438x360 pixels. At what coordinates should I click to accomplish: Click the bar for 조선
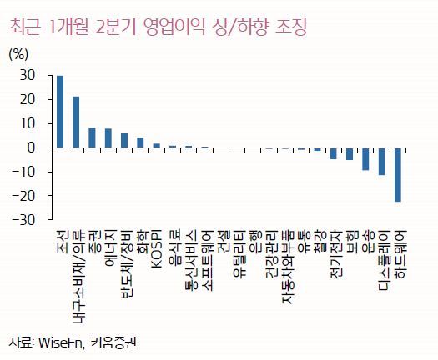60,112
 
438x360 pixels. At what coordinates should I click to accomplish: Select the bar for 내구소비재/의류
76,122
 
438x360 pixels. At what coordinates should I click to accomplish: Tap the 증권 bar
92,137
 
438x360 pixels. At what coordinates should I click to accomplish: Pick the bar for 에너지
108,138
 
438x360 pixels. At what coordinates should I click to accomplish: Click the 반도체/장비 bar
124,141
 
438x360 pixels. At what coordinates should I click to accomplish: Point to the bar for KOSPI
157,146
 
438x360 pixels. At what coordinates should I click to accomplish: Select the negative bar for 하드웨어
398,175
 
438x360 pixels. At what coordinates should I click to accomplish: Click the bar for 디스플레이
381,162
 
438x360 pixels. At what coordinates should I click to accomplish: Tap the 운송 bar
365,159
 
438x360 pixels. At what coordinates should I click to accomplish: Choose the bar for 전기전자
333,153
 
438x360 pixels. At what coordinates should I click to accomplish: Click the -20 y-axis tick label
23,196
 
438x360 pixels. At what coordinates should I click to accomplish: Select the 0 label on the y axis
32,147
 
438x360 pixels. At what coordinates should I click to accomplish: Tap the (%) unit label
18,54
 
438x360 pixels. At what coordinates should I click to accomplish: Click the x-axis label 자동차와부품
288,267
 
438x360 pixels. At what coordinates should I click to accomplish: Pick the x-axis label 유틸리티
239,253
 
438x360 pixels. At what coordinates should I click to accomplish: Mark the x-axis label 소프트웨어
207,260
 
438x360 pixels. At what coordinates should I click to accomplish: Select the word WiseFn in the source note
61,342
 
